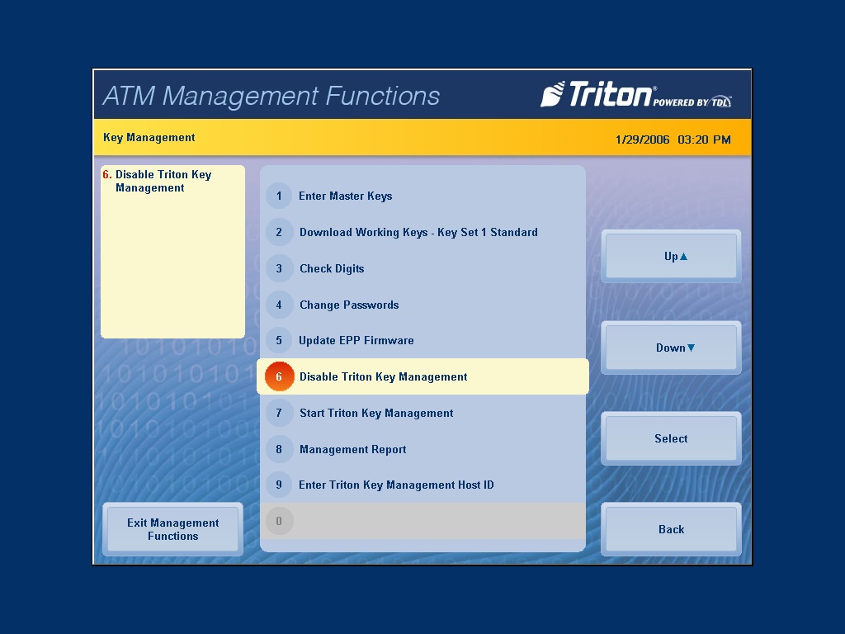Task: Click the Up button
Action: [671, 256]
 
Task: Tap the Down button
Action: [671, 348]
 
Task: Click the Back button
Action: [671, 529]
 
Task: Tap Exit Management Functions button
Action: [173, 529]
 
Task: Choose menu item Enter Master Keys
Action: [346, 196]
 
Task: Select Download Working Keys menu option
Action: [418, 232]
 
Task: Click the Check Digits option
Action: [332, 268]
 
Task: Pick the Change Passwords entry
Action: [349, 305]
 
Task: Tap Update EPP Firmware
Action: [356, 340]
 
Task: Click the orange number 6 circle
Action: [279, 376]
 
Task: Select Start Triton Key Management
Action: [376, 413]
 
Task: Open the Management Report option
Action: [352, 449]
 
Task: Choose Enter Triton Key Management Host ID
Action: [396, 485]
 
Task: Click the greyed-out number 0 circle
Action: [279, 521]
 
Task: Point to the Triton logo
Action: [636, 94]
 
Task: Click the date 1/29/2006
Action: [642, 140]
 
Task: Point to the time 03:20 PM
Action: [705, 140]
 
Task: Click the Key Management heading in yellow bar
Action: [149, 138]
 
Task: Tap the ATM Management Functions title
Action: [271, 96]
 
